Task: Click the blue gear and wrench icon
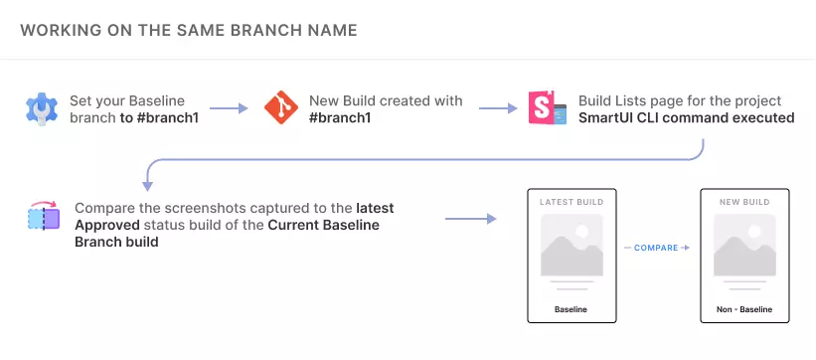pos(42,108)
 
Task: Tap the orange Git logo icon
pos(281,107)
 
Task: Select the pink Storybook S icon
pos(547,107)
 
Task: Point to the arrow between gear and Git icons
pos(229,108)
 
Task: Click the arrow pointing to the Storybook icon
pos(498,108)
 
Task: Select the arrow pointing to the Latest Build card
pos(470,219)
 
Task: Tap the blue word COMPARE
pos(656,248)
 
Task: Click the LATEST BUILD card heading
pos(571,202)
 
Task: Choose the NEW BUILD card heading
pos(744,202)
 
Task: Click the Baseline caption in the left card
pos(571,309)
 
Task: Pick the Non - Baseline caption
pos(744,309)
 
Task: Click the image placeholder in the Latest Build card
pos(571,245)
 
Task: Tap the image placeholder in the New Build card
pos(744,245)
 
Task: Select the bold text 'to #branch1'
pos(159,117)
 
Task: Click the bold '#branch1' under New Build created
pos(340,117)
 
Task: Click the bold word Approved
pos(107,226)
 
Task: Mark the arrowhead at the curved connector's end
pos(147,186)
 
